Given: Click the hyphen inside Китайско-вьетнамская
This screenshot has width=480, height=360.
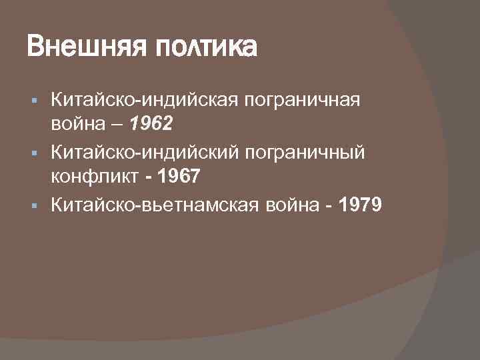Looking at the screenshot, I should point(138,206).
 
